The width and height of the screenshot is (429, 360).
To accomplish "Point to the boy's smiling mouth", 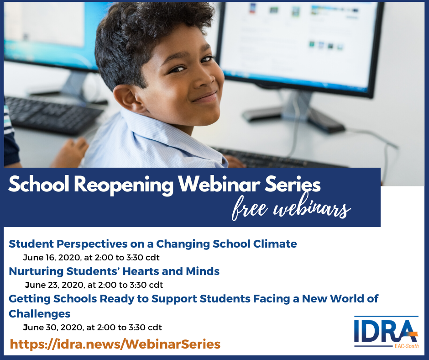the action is coord(204,97).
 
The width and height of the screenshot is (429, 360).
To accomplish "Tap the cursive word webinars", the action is coord(312,207).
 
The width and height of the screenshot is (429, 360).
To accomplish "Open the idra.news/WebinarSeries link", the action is coord(115,344).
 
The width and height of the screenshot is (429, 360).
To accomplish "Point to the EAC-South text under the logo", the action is coord(407,346).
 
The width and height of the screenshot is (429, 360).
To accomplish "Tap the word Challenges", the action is coord(39,314).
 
